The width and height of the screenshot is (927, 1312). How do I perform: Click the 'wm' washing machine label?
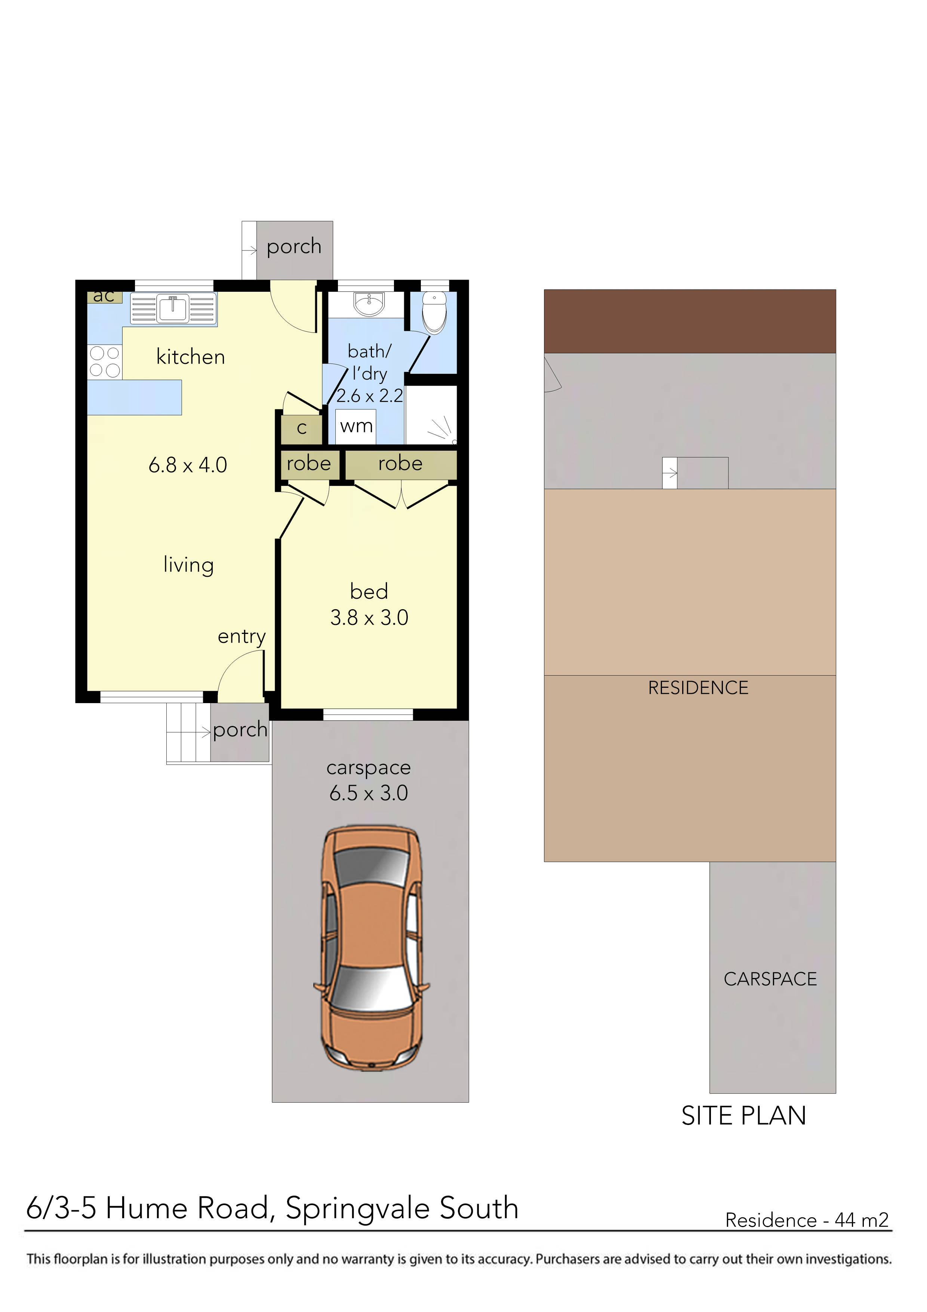[x=356, y=426]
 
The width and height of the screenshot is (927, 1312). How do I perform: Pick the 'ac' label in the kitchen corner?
[x=104, y=296]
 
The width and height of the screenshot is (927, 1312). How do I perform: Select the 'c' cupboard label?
[x=302, y=428]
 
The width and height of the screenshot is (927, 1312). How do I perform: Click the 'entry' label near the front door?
[x=241, y=637]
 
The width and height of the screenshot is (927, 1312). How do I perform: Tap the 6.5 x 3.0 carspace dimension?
[x=369, y=793]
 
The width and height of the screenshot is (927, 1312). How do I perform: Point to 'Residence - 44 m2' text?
[x=807, y=1221]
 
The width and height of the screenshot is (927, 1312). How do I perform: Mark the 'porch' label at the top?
[x=294, y=246]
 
